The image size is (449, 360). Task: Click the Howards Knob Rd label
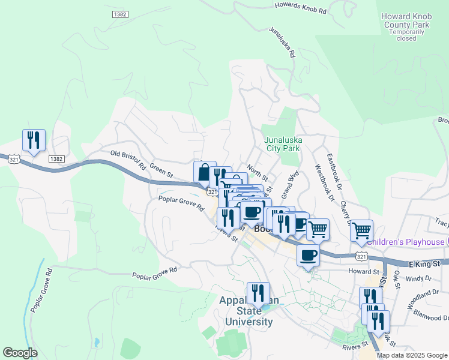pos(301,8)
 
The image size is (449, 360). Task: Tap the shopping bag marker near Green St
pos(205,172)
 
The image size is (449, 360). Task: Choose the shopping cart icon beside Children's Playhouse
pos(361,230)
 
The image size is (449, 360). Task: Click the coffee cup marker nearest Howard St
pos(309,255)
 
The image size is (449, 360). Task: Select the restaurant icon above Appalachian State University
pos(258,293)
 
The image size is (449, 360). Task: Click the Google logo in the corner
pos(20,353)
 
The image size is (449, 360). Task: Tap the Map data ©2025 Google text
pos(411,355)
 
